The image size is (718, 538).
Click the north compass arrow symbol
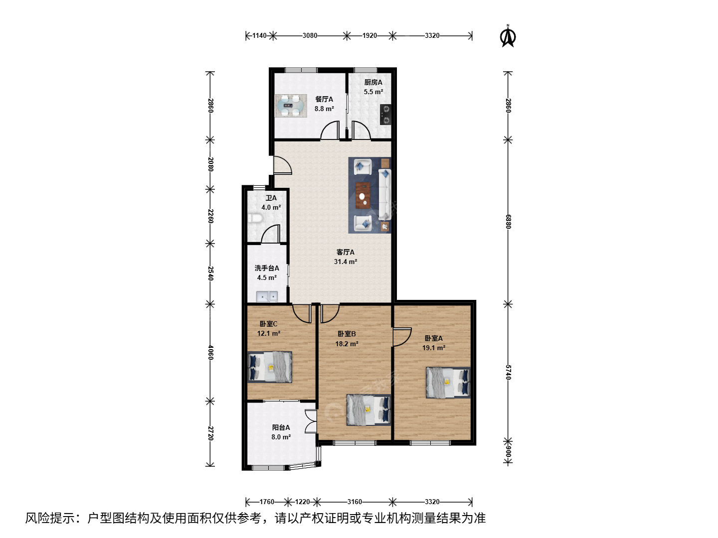coord(508,36)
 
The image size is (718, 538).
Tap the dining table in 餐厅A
coord(291,106)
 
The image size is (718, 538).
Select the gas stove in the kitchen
coord(385,115)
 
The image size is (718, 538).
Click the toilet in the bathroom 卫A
coord(254,218)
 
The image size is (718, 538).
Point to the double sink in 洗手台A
coord(267,296)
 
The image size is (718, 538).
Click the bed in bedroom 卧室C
coord(270,367)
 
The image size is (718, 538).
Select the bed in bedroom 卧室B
coord(368,410)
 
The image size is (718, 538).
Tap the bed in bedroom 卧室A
coord(448,383)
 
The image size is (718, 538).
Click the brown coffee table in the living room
coord(363,195)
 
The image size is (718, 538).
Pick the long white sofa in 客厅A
coord(384,194)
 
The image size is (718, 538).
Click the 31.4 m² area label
coord(346,262)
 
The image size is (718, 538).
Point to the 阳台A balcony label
coord(281,427)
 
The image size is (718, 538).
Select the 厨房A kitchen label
coord(373,82)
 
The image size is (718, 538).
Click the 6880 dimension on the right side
coord(508,222)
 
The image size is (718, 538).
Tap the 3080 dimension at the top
coord(310,35)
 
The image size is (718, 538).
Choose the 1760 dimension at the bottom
coord(267,502)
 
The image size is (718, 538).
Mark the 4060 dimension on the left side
coord(210,353)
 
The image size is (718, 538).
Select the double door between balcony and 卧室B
coord(311,421)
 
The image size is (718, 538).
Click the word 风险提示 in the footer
coord(50,518)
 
